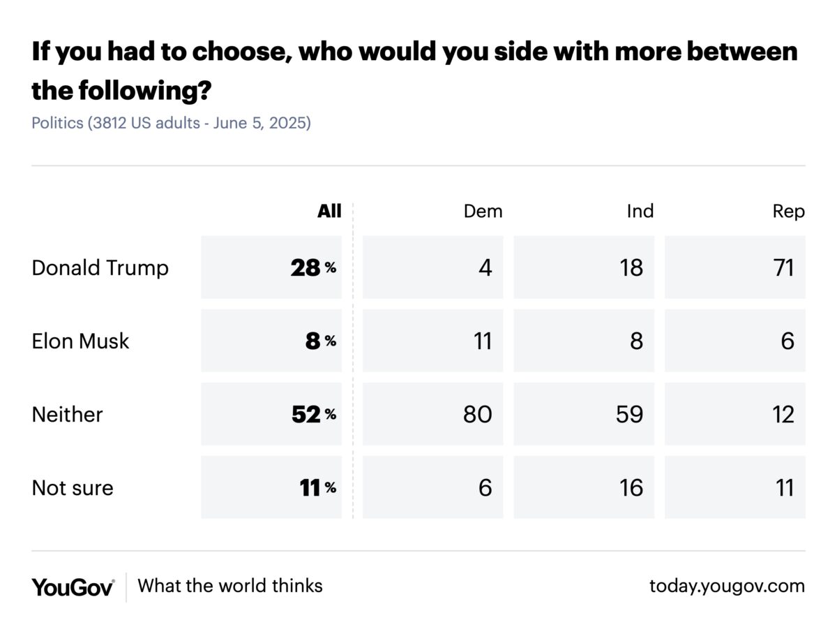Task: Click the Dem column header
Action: [483, 211]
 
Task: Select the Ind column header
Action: [640, 211]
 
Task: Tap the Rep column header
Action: [788, 211]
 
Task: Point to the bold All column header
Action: [329, 211]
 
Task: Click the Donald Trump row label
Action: [100, 267]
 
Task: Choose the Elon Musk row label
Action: [80, 341]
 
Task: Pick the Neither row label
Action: [67, 414]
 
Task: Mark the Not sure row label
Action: [73, 487]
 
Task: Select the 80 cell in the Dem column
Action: [477, 414]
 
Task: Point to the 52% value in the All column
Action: [313, 414]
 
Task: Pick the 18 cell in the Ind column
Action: [631, 267]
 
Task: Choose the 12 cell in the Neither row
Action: [783, 414]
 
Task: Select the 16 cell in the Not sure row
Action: [631, 487]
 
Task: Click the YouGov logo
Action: [73, 587]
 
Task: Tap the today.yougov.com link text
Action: [727, 586]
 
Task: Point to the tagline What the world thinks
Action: [230, 585]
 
